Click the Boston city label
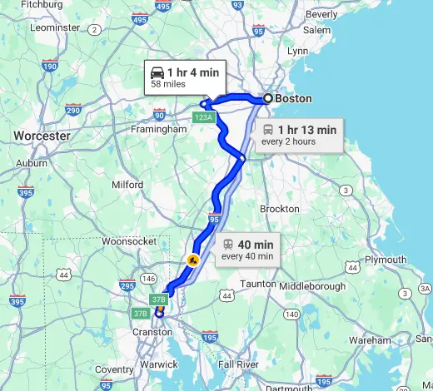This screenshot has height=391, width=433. coord(293,98)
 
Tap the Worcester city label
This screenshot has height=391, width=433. coord(40,135)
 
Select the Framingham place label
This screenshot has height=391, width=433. coord(158,130)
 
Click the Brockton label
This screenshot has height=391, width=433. coord(279,209)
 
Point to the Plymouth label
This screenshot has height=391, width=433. coord(386,260)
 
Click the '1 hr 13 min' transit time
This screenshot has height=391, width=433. coord(307,130)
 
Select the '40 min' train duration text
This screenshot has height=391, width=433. coord(256,244)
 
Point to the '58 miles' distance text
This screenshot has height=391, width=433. coord(168,85)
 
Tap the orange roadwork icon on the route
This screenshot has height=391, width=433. coord(193,259)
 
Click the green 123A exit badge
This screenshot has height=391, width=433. coord(203,117)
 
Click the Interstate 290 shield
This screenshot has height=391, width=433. coord(73,110)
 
